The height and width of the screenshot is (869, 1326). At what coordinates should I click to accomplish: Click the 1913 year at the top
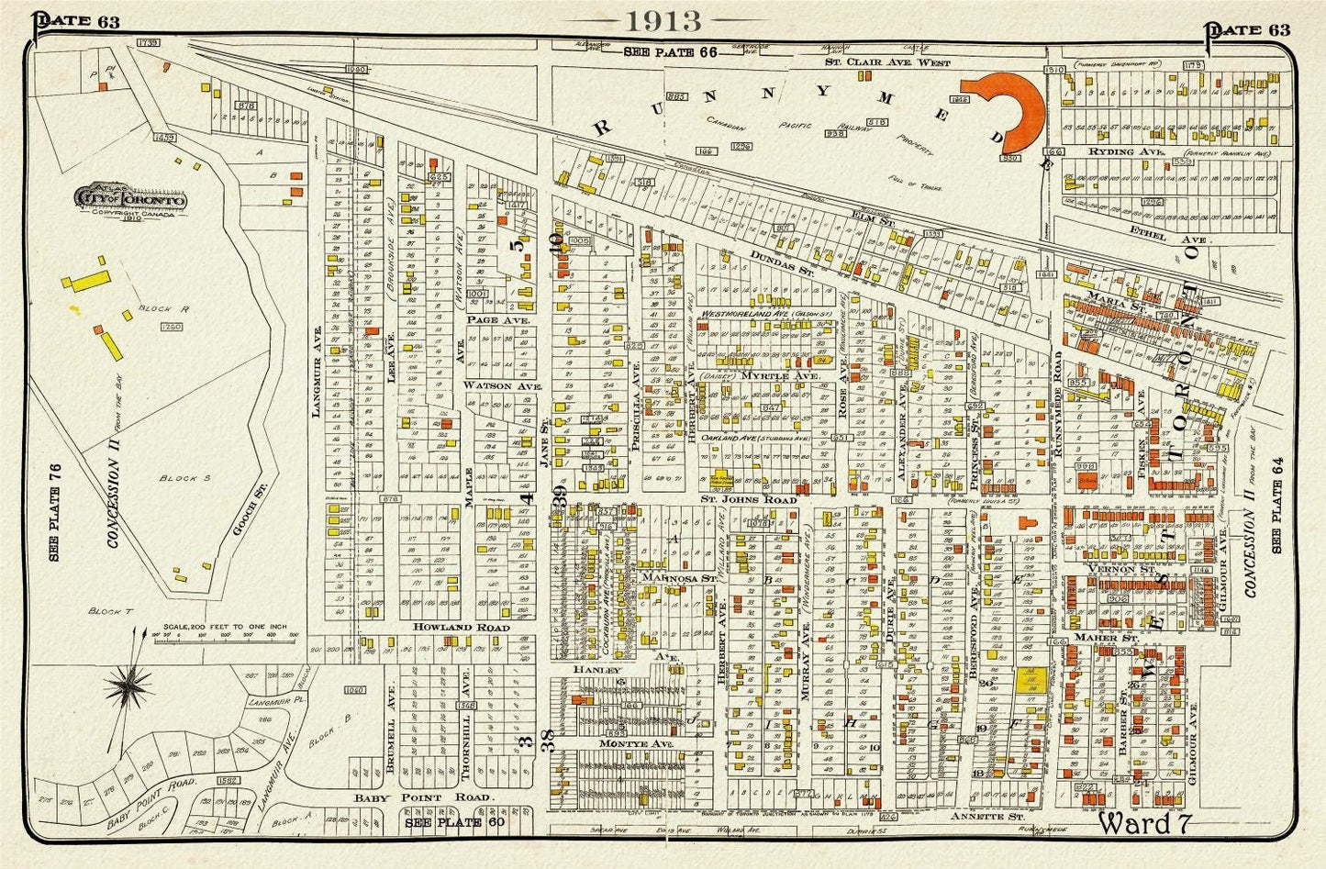(x=663, y=20)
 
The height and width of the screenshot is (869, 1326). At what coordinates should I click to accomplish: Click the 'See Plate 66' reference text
(x=670, y=52)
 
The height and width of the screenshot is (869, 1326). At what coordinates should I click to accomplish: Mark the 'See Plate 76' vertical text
(x=55, y=512)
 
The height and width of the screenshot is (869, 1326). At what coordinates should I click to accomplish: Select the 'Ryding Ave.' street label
(x=1110, y=151)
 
